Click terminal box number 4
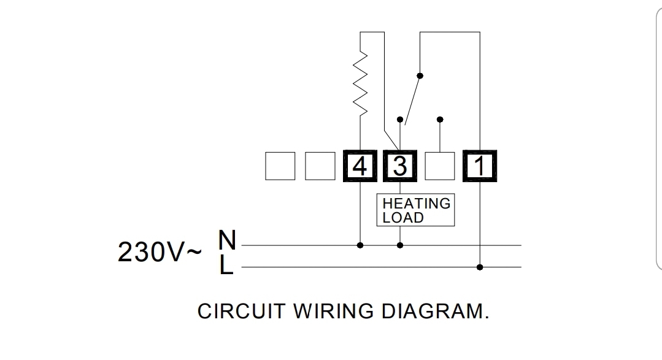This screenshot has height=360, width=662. pyautogui.click(x=360, y=166)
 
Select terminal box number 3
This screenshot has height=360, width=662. pyautogui.click(x=400, y=166)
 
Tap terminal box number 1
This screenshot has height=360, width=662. pyautogui.click(x=480, y=166)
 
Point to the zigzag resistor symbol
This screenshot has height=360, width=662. pyautogui.click(x=360, y=83)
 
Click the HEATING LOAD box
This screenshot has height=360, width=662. pyautogui.click(x=415, y=210)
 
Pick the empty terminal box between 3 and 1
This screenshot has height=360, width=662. pyautogui.click(x=440, y=166)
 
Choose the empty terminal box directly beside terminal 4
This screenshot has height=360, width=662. pyautogui.click(x=320, y=166)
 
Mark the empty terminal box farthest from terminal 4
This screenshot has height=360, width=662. pyautogui.click(x=280, y=166)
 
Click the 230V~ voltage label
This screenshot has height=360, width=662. pyautogui.click(x=159, y=252)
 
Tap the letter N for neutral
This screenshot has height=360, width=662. pyautogui.click(x=227, y=239)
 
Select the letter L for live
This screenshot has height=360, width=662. pyautogui.click(x=226, y=265)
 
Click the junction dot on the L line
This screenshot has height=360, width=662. pyautogui.click(x=480, y=267)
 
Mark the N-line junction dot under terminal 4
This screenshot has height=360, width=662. pyautogui.click(x=360, y=245)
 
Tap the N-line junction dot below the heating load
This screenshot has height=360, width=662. pyautogui.click(x=400, y=245)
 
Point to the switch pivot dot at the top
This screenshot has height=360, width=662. pyautogui.click(x=420, y=76)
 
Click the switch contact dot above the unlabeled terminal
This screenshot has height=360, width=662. pyautogui.click(x=440, y=120)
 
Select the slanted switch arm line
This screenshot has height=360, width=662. pyautogui.click(x=412, y=101)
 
